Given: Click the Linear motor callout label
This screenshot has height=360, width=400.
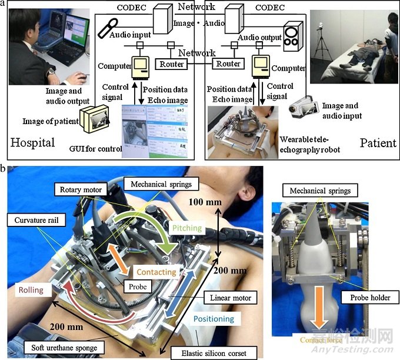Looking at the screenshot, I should (231, 298).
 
